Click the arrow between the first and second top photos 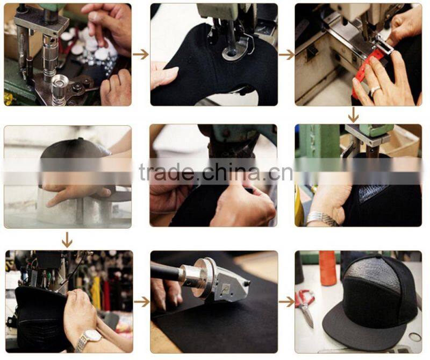click(x=141, y=54)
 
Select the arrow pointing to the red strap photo click(x=286, y=55)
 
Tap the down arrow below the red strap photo click(x=353, y=115)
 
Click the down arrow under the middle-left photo click(x=67, y=239)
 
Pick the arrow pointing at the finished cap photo click(x=287, y=302)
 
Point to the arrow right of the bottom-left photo click(x=142, y=302)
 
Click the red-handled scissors click(x=305, y=308)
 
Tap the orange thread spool click(x=327, y=269)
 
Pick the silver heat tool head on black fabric click(x=217, y=280)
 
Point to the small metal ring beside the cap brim click(x=414, y=337)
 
